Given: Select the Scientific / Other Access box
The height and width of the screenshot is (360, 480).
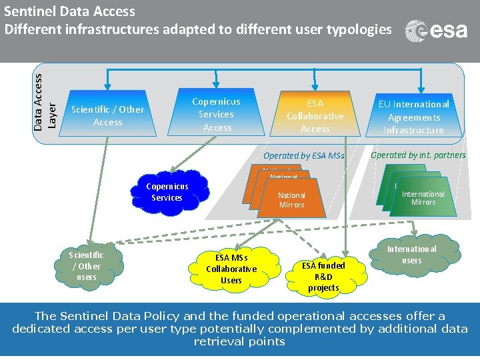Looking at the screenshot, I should [107, 115].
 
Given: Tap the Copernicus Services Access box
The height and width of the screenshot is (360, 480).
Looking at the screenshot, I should [217, 115].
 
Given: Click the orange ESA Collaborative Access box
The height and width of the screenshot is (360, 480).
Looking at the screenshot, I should [315, 116].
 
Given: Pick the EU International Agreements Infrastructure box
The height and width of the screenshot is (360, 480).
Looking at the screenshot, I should [414, 117].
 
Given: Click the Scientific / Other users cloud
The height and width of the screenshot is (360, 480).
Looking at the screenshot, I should [87, 265].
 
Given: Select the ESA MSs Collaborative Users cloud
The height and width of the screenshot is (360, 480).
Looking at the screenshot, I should [231, 269].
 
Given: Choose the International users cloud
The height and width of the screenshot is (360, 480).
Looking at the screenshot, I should [412, 254].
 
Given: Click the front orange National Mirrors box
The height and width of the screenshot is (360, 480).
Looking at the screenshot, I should [292, 200].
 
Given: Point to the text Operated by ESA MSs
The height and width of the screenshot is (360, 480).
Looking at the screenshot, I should [304, 156].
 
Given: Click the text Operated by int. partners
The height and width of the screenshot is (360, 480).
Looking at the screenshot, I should [418, 155].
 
